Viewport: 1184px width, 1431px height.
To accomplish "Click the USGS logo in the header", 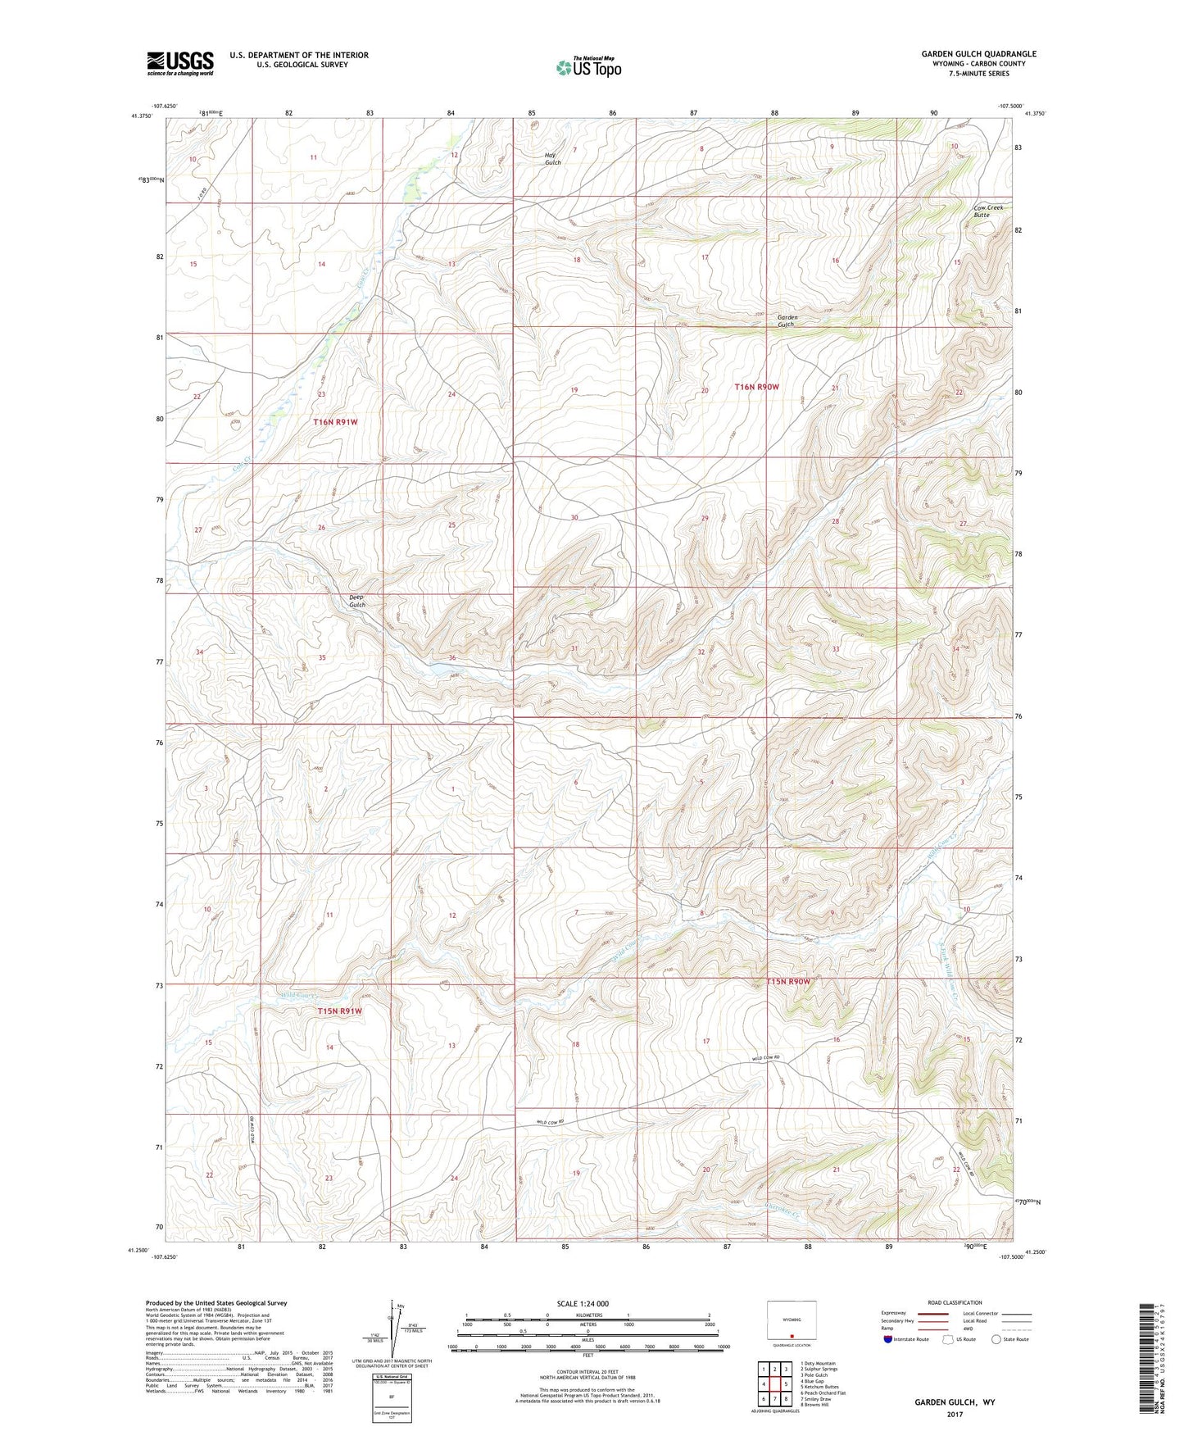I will (x=179, y=63).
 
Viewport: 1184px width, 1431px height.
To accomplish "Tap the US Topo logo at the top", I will (x=587, y=67).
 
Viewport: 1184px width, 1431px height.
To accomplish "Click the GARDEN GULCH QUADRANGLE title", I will (x=978, y=54).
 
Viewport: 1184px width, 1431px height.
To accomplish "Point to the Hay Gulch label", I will (x=553, y=159).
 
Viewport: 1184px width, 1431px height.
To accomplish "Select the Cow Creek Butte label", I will (x=988, y=211).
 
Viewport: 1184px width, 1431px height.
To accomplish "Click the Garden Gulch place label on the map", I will (x=787, y=320).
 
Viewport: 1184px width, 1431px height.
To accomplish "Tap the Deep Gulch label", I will (x=356, y=601).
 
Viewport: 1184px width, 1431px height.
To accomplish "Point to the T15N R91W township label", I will (x=339, y=1011).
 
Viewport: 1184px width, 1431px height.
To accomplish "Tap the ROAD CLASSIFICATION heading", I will (x=955, y=1302).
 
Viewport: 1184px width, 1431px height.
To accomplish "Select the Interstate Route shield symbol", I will (x=888, y=1339).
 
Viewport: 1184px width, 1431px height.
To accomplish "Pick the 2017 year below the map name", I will (x=954, y=1415).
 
